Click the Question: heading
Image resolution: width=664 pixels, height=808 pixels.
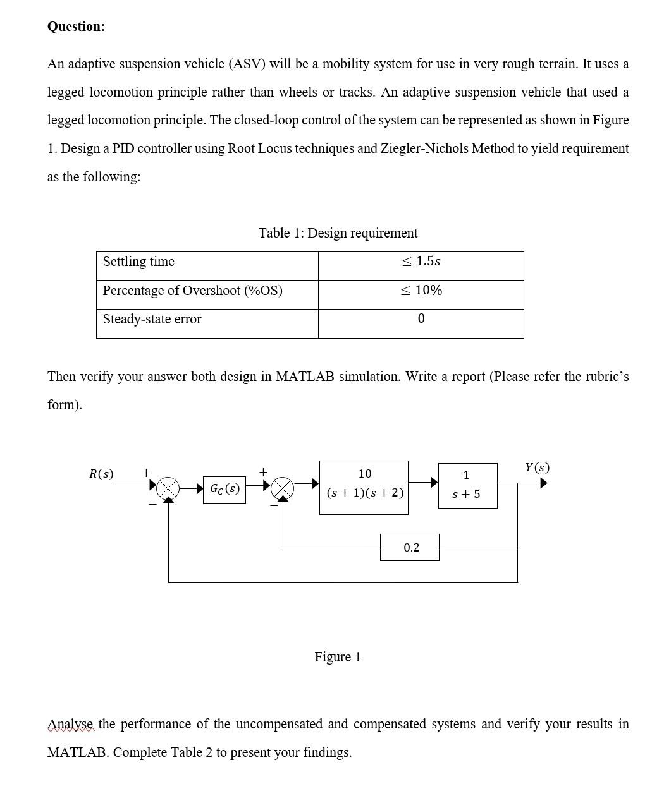(x=76, y=27)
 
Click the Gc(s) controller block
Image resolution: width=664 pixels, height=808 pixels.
(x=224, y=489)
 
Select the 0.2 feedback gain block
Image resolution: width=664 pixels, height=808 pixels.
(x=410, y=547)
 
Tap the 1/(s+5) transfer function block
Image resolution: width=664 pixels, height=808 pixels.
(x=467, y=485)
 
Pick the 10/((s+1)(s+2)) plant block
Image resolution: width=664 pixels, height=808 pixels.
(x=364, y=487)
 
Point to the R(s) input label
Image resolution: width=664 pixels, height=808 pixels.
(x=101, y=474)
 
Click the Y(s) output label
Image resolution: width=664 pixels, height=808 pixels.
(x=537, y=467)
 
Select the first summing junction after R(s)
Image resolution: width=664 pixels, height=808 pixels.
(x=168, y=488)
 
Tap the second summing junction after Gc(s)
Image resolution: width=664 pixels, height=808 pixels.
(x=283, y=488)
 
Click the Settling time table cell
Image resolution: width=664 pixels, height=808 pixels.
(x=138, y=262)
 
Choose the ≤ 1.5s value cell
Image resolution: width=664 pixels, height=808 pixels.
(x=421, y=262)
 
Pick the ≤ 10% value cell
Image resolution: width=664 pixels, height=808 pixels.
(x=421, y=291)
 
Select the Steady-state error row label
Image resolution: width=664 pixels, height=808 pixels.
(x=152, y=319)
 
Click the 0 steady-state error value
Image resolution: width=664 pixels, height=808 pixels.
(x=421, y=319)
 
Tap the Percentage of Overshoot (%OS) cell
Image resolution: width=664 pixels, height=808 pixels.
(x=192, y=291)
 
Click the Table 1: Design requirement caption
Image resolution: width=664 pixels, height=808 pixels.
(x=338, y=233)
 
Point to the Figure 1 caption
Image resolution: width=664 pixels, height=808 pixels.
(x=337, y=657)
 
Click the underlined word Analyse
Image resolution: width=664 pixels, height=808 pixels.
(x=71, y=724)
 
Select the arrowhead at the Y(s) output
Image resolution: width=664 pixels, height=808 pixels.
(x=543, y=483)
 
